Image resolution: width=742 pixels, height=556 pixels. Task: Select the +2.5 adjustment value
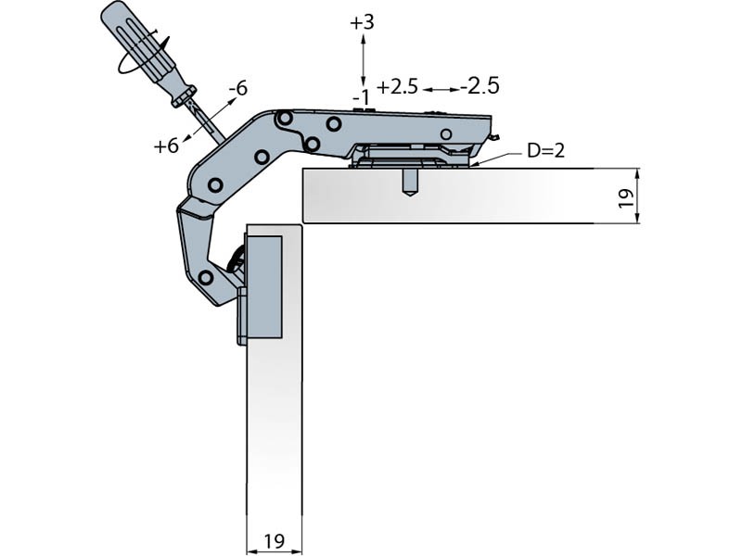(x=397, y=87)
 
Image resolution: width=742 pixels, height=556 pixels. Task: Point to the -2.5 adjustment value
(x=480, y=86)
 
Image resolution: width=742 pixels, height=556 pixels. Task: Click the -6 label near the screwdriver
(x=237, y=89)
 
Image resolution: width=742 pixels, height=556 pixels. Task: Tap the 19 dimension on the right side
(x=625, y=196)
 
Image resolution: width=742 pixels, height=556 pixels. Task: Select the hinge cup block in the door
(x=262, y=287)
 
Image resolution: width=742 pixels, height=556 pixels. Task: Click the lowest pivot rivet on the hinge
(x=206, y=277)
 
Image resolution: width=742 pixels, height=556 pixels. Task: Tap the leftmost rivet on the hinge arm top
(x=285, y=119)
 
